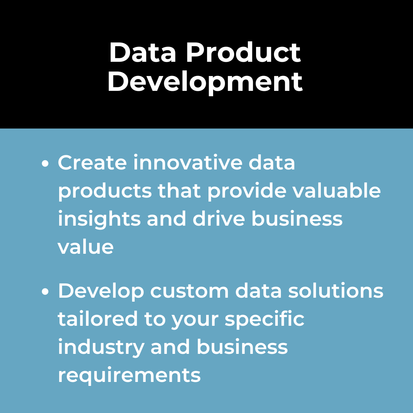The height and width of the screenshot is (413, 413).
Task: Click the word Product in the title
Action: click(244, 53)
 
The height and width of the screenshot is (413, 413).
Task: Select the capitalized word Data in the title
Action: click(142, 53)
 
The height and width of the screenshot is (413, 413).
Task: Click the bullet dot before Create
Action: click(45, 164)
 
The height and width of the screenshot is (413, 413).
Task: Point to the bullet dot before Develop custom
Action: click(45, 292)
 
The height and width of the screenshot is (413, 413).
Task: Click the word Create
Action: click(92, 162)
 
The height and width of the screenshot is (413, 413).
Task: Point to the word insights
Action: click(99, 219)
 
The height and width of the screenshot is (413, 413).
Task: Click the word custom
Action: click(189, 291)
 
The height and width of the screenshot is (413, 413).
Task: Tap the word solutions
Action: click(336, 290)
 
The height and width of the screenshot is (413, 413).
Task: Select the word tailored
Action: click(98, 319)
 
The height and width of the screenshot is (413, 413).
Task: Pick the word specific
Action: click(264, 319)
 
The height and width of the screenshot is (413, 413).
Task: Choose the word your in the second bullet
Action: click(195, 321)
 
